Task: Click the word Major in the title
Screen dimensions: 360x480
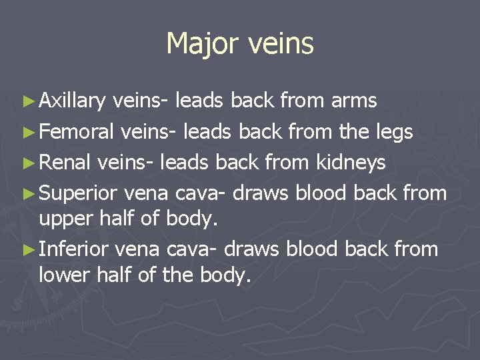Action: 203,44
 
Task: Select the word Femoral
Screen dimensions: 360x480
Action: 77,132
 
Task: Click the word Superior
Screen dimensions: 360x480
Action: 79,193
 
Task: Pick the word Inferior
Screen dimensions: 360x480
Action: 75,250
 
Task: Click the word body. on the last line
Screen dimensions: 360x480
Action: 225,275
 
